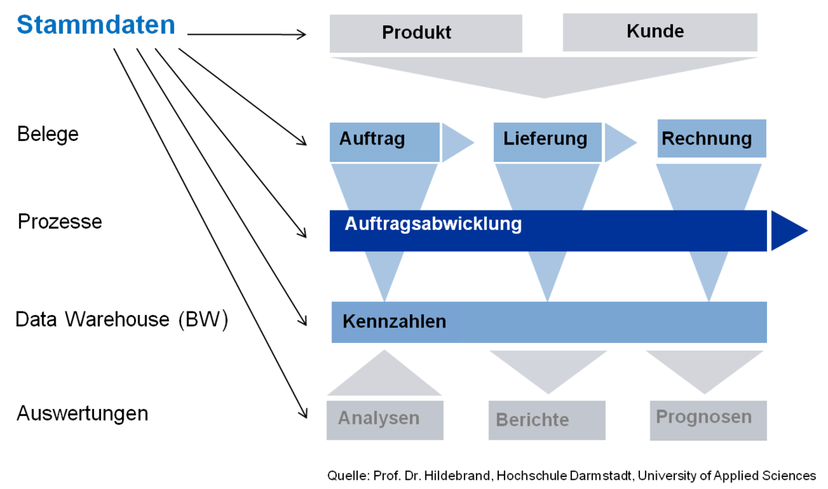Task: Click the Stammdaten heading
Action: [96, 26]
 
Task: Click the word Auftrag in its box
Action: [372, 139]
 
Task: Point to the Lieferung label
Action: [545, 139]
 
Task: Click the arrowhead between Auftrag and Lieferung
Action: [455, 142]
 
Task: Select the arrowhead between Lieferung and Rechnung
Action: [617, 142]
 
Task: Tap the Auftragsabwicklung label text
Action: [433, 225]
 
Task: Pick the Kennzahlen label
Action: [394, 322]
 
